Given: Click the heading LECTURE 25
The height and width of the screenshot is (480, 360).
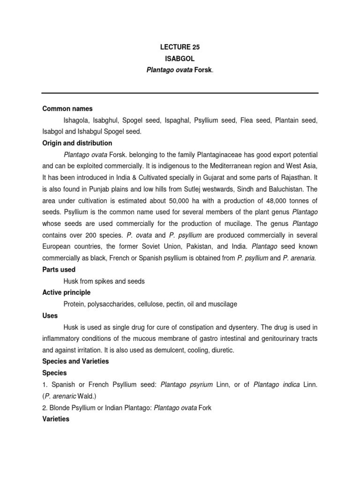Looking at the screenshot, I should tap(180, 47).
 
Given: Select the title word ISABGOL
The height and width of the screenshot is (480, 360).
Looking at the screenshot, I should tap(180, 60).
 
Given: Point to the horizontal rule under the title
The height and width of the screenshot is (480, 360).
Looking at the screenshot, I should tap(180, 93).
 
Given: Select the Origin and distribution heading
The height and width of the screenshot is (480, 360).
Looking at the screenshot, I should tap(77, 143).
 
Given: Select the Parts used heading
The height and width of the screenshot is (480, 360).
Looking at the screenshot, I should tap(59, 270).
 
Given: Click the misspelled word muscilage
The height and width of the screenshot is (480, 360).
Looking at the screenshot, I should tap(222, 304).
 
